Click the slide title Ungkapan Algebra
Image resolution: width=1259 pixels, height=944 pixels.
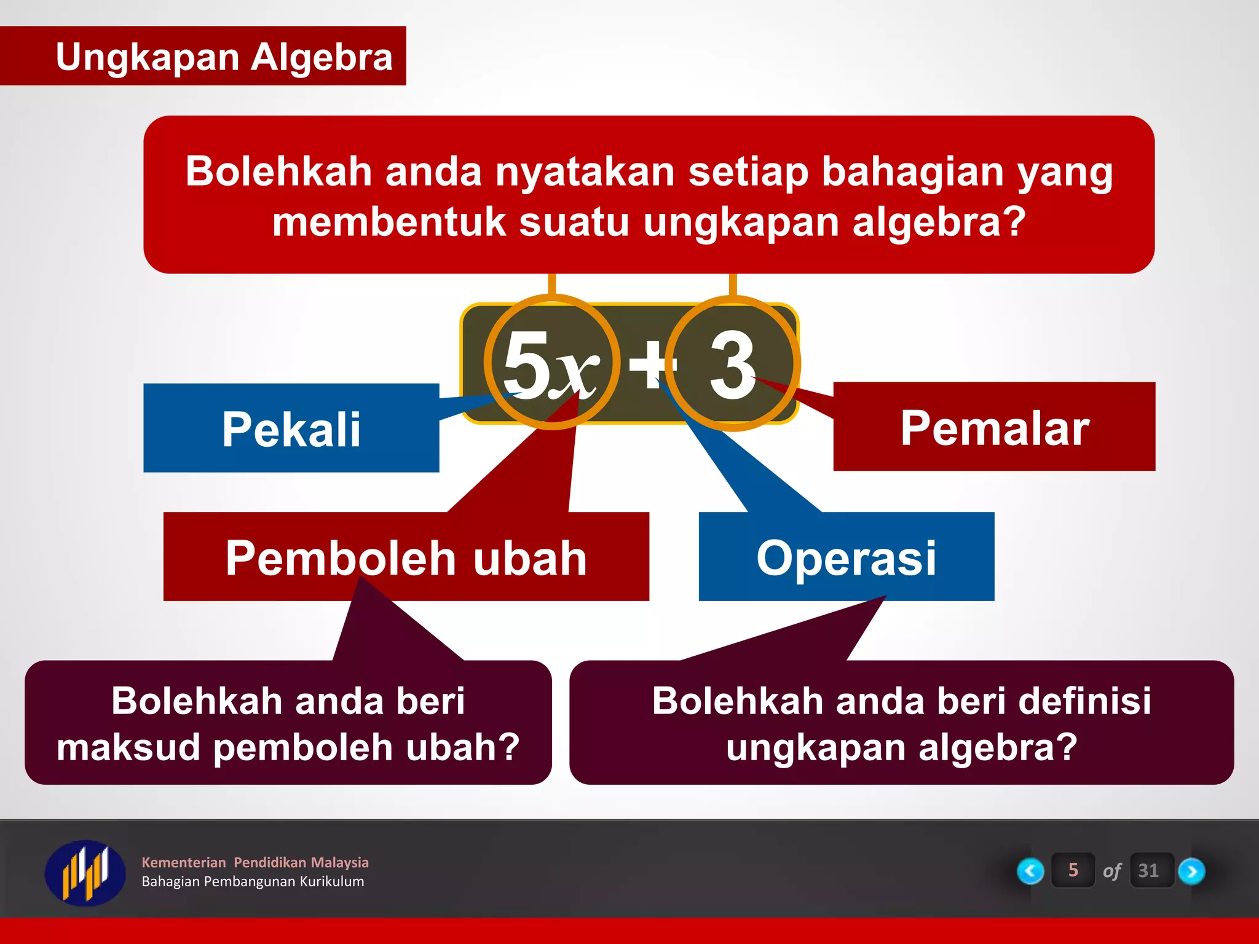point(224,57)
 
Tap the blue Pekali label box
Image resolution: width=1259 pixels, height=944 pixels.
point(291,428)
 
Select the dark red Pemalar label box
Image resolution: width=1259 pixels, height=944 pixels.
point(994,427)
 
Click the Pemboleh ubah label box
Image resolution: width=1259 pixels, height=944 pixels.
point(406,557)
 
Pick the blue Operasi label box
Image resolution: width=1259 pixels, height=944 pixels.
point(846,557)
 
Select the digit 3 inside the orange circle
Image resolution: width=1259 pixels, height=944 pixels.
point(732,364)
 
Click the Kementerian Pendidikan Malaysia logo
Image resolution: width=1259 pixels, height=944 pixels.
point(85,871)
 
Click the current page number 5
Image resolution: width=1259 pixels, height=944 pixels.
point(1073,870)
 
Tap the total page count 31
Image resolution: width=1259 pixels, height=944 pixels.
point(1148,870)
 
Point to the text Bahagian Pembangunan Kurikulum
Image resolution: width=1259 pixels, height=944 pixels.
point(253,881)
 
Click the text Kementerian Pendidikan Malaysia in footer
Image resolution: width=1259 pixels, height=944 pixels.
point(255,862)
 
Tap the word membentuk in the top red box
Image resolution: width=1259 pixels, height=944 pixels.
point(389,222)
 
